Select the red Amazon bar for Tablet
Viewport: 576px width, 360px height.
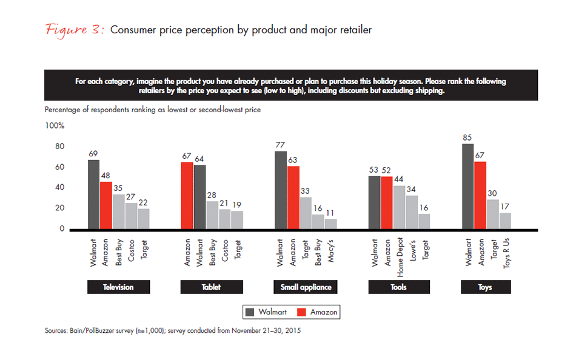pyautogui.click(x=187, y=196)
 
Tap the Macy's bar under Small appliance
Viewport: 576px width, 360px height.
pyautogui.click(x=330, y=224)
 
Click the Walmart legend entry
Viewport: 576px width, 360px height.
pyautogui.click(x=265, y=312)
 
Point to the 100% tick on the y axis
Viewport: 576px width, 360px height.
pyautogui.click(x=55, y=125)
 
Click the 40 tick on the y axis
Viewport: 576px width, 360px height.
pyautogui.click(x=59, y=188)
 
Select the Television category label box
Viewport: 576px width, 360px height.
pyautogui.click(x=118, y=287)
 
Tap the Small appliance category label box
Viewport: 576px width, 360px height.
pyautogui.click(x=306, y=287)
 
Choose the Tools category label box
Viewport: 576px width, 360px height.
pyautogui.click(x=399, y=287)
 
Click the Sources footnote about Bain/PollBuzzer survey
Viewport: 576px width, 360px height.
pyautogui.click(x=173, y=331)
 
